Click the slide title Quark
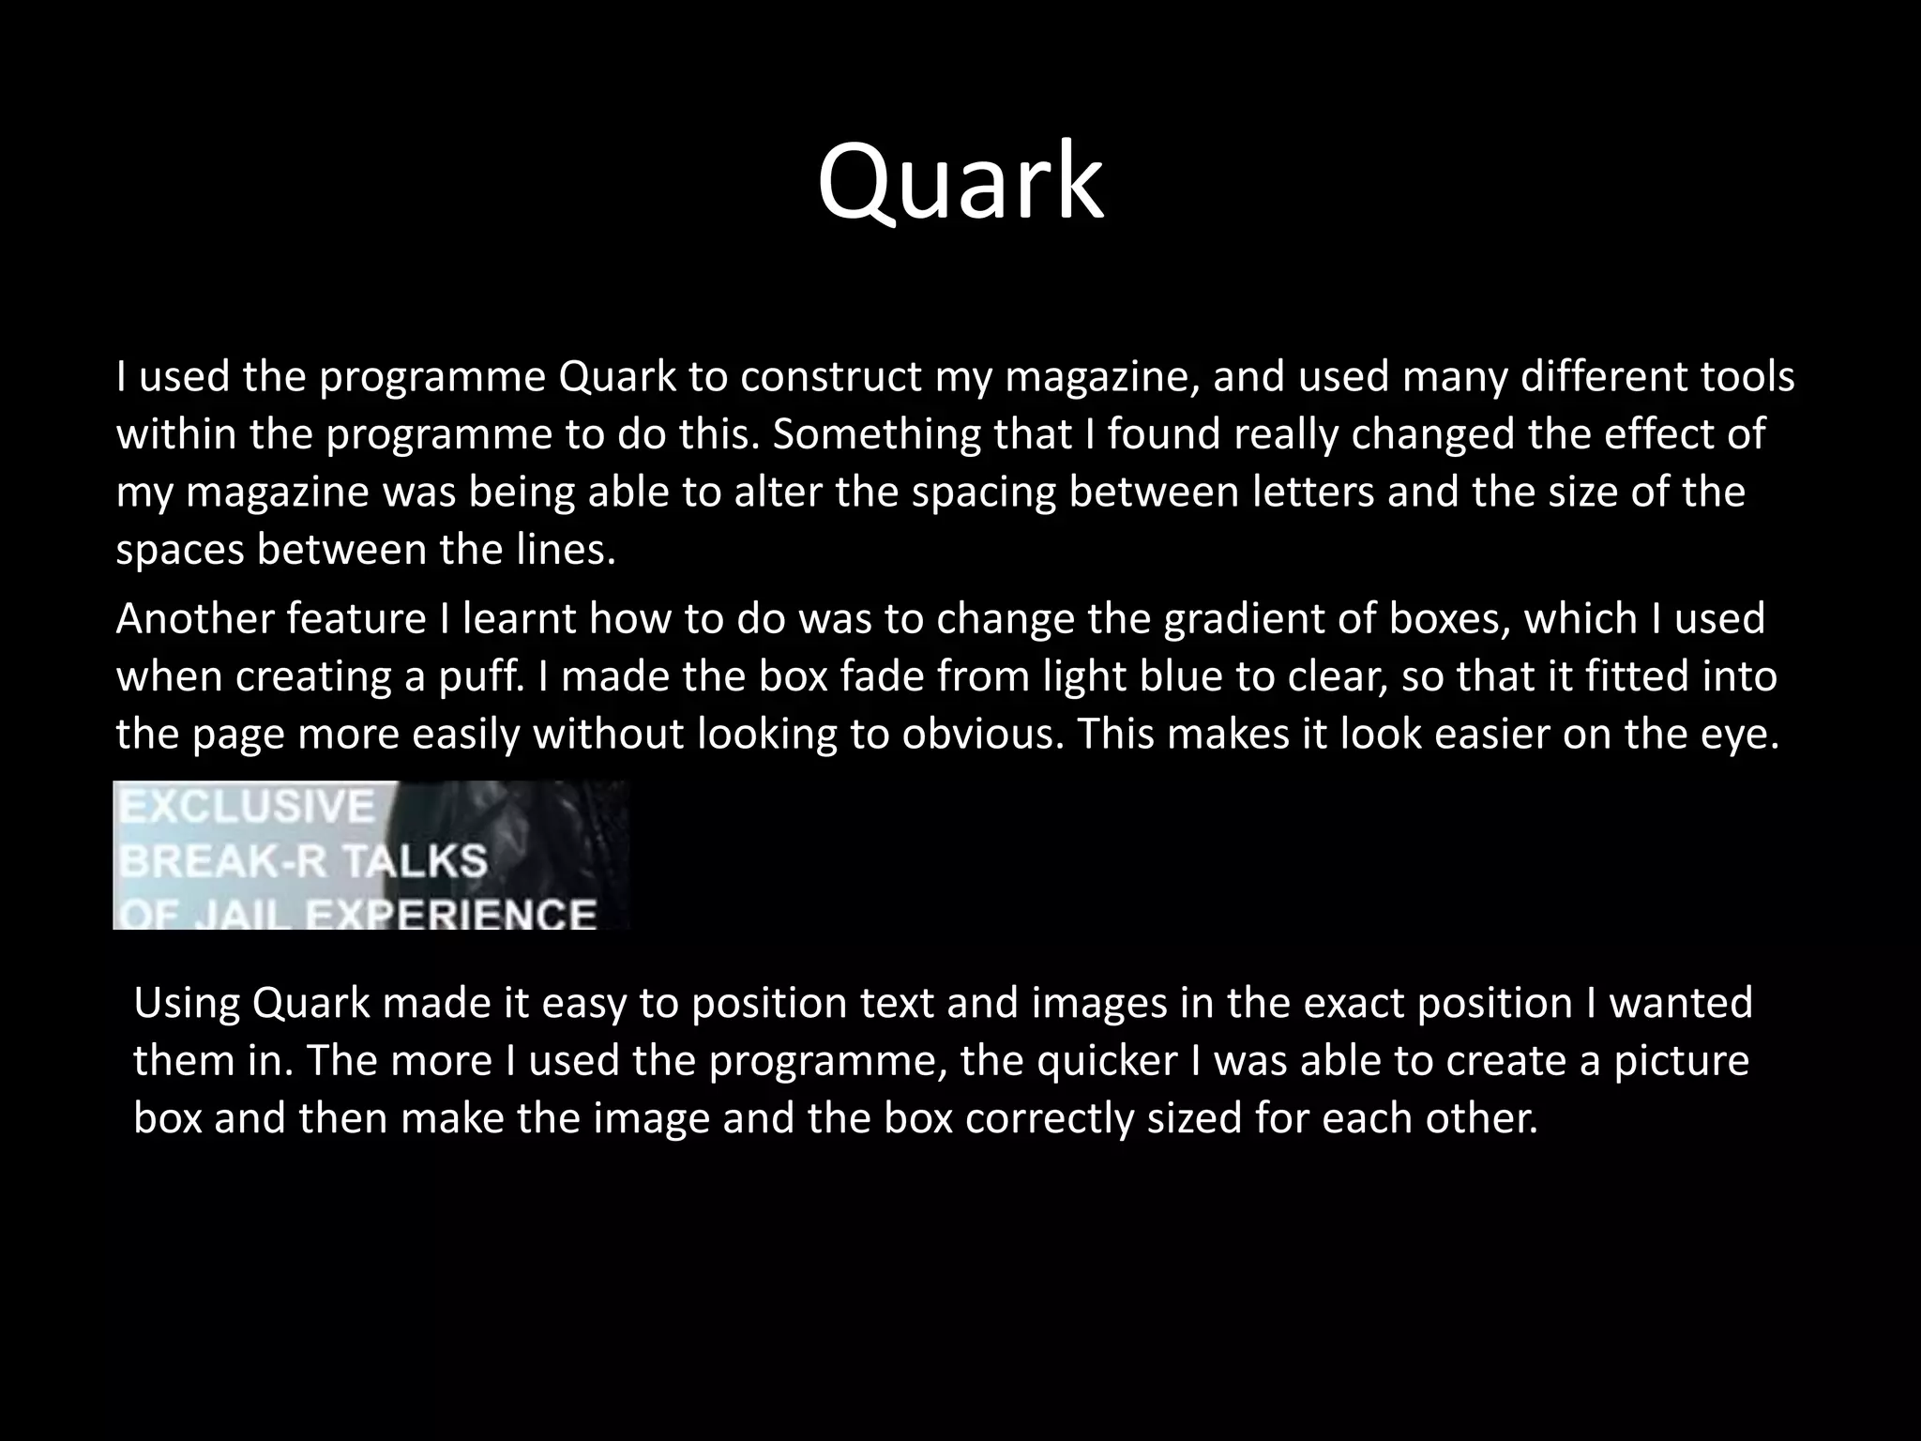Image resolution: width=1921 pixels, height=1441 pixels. click(960, 183)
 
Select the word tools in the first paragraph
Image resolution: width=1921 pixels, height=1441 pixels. click(1747, 377)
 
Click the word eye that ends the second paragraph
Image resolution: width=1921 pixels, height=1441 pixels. click(1749, 735)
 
